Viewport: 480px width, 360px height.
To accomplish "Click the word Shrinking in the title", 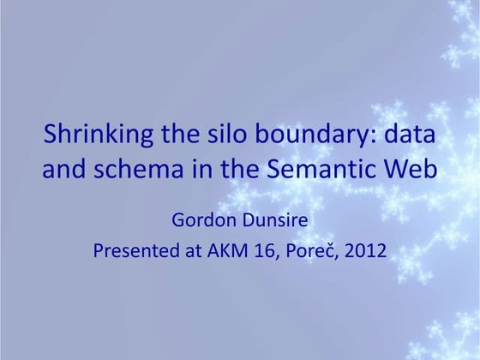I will pos(92,135).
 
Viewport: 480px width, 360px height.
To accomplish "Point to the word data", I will pos(411,135).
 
